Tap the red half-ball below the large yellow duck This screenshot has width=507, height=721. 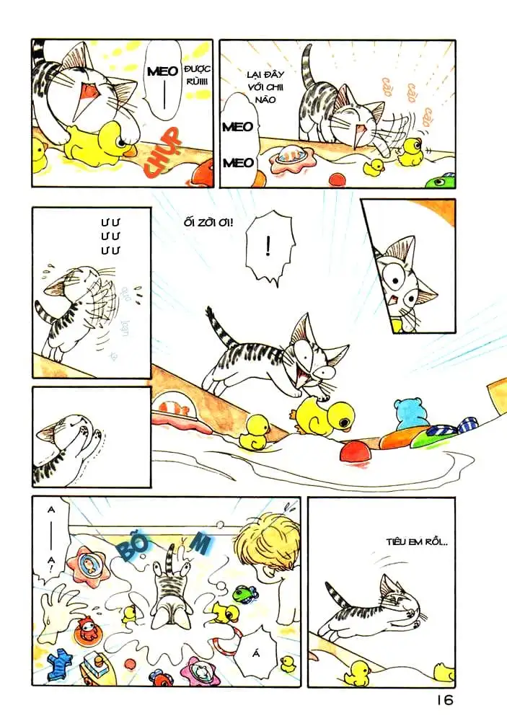(x=355, y=453)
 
